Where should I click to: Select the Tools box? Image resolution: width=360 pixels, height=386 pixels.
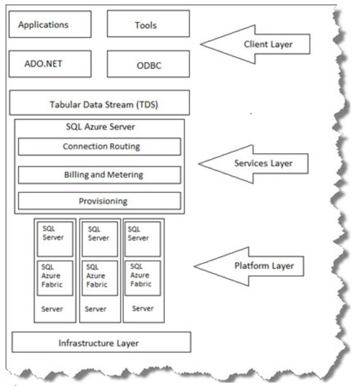coord(148,25)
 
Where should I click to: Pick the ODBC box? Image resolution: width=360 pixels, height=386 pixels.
coord(148,65)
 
